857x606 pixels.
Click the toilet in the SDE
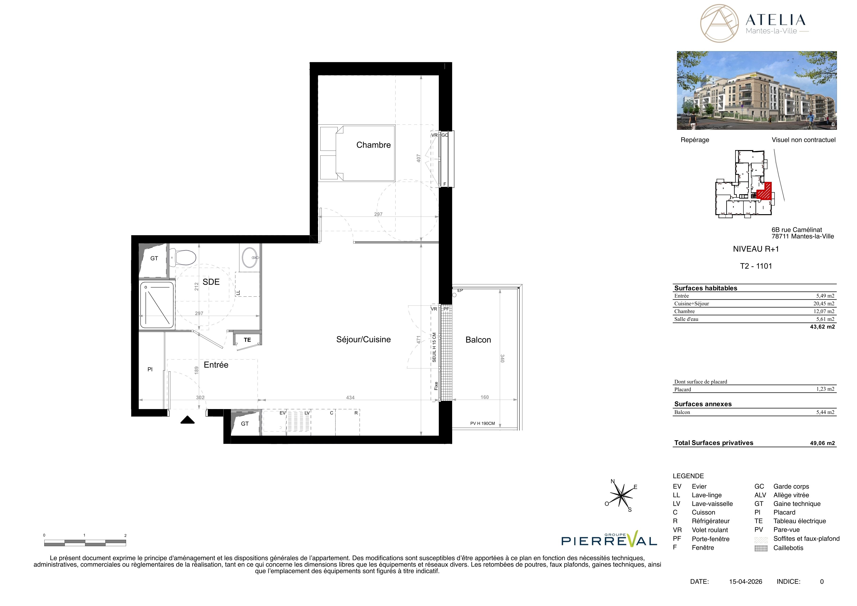(183, 257)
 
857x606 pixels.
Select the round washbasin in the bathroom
(250, 257)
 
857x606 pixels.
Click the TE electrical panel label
(247, 340)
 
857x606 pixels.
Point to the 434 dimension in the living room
(350, 398)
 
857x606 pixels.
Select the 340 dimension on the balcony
(502, 359)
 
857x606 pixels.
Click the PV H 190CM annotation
(482, 424)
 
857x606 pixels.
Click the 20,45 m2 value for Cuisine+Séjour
(824, 304)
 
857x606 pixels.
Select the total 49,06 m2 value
(822, 443)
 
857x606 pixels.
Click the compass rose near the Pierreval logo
(621, 495)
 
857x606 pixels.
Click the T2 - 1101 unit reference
(756, 266)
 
